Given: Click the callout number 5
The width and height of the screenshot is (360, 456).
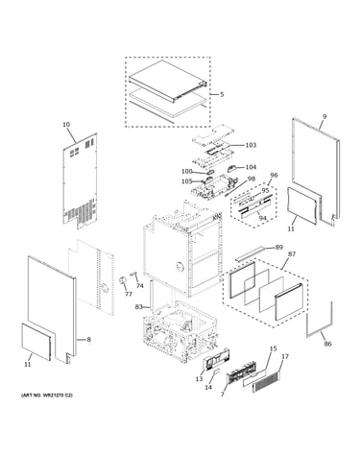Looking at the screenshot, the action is click(x=222, y=95).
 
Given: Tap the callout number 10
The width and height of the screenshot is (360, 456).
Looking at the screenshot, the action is click(x=66, y=125).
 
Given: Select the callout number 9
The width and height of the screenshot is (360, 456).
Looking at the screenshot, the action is click(x=324, y=117).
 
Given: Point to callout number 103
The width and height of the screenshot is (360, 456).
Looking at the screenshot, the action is click(x=251, y=145).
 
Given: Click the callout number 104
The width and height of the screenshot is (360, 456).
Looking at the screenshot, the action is click(x=251, y=167).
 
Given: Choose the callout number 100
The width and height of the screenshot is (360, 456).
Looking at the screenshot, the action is click(x=187, y=172).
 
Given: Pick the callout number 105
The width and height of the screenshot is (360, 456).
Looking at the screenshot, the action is click(x=187, y=181).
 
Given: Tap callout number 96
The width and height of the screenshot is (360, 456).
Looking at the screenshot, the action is click(x=274, y=175).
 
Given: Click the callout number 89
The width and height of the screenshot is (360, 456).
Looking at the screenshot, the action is click(x=279, y=247).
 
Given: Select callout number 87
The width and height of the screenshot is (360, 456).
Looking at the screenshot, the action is click(x=292, y=254).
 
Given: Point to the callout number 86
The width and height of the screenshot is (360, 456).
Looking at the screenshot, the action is click(x=327, y=344).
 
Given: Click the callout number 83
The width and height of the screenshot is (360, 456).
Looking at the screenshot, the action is click(x=138, y=307).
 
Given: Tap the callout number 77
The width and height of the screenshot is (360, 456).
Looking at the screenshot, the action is click(x=129, y=294).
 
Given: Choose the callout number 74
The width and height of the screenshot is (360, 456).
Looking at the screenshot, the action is click(x=140, y=286).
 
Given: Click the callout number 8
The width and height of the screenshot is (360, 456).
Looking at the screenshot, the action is click(x=88, y=340).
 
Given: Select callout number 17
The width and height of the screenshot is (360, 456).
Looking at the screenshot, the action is click(x=285, y=356).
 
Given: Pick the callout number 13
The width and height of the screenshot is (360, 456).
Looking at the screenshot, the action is click(x=199, y=379).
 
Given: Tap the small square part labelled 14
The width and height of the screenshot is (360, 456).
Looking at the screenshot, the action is click(x=216, y=372).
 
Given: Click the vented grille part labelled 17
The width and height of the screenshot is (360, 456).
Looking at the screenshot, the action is click(x=266, y=381).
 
